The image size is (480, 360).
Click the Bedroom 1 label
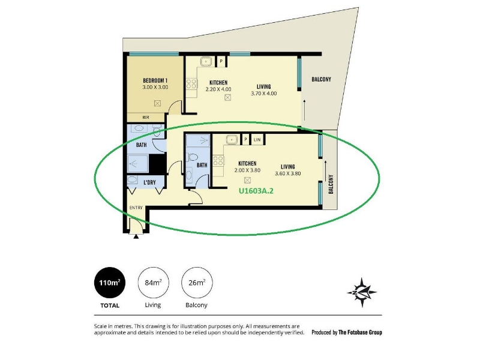click(x=155, y=80)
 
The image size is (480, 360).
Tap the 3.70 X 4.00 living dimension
click(x=264, y=94)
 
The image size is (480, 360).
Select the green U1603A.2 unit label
click(x=256, y=191)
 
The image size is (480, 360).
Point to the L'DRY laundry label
click(x=149, y=182)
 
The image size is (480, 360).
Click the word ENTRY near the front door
click(x=136, y=208)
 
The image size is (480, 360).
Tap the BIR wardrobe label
click(x=146, y=117)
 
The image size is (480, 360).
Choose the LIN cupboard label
click(x=257, y=140)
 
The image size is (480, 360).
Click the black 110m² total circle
click(x=110, y=283)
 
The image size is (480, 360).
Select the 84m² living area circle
click(x=153, y=283)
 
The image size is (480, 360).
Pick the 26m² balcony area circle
click(x=197, y=283)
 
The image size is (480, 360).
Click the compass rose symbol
click(x=362, y=292)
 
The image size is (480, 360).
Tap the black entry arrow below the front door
click(x=136, y=236)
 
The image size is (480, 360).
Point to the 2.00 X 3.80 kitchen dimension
click(x=247, y=170)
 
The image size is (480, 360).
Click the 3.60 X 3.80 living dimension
click(x=288, y=173)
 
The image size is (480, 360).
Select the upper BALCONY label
click(x=322, y=79)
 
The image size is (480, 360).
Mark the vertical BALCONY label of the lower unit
click(x=331, y=184)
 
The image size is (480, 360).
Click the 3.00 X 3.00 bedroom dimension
click(x=155, y=87)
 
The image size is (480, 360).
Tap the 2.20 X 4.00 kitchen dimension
click(x=218, y=89)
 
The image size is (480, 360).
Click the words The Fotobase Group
click(x=360, y=332)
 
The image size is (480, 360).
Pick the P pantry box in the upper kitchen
click(x=221, y=61)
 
